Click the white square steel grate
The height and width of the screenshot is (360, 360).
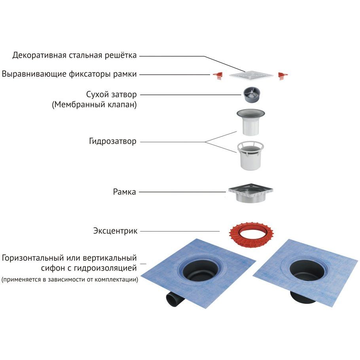(252, 75)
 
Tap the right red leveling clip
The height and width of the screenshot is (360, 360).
(282, 75)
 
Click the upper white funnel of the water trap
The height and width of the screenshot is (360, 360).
(251, 123)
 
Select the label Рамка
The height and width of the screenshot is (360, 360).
(124, 192)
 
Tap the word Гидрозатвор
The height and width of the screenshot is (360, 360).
(113, 141)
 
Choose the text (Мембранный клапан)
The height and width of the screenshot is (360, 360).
(94, 105)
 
